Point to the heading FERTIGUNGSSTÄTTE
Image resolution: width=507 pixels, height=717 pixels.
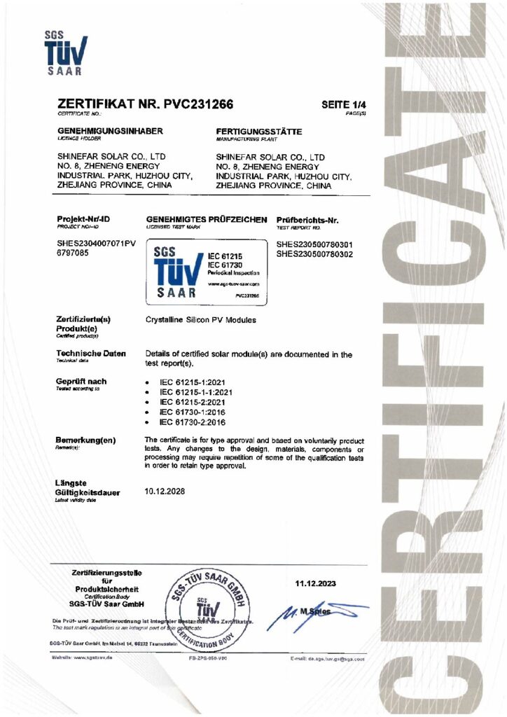pyautogui.click(x=259, y=131)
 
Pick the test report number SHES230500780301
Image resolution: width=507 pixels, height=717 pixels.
pyautogui.click(x=314, y=244)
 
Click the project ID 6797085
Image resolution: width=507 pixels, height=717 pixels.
pyautogui.click(x=74, y=253)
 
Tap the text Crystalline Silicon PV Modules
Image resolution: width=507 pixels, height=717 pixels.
pyautogui.click(x=200, y=320)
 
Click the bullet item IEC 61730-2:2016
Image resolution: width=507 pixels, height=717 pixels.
pyautogui.click(x=191, y=422)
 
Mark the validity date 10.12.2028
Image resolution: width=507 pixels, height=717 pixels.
pyautogui.click(x=165, y=492)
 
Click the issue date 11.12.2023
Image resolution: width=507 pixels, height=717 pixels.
pyautogui.click(x=317, y=583)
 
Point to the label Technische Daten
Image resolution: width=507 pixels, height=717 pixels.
pyautogui.click(x=90, y=354)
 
